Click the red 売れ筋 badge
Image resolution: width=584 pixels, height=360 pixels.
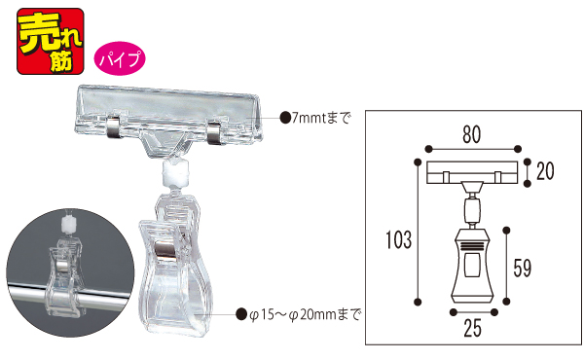pos(51,41)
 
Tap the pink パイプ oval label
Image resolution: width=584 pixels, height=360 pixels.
pos(120,58)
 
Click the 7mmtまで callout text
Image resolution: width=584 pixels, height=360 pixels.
pos(321,118)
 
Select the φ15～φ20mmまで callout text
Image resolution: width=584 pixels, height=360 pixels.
pos(305,314)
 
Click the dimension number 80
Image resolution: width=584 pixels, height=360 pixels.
pos(472,135)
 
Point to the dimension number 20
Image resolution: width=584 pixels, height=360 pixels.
pos(545,171)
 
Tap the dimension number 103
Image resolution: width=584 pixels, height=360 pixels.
pos(398,239)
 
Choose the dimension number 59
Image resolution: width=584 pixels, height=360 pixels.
pos(522,268)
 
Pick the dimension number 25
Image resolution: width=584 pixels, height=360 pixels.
pos(472,328)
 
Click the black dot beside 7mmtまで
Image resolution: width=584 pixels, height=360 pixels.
pos(285,118)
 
